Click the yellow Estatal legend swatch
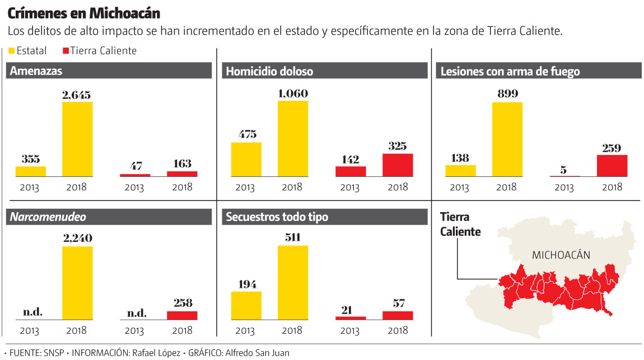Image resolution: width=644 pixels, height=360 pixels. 12,51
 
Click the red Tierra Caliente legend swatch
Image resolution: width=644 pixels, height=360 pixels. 66,51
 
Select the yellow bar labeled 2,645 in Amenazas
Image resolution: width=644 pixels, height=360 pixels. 77,139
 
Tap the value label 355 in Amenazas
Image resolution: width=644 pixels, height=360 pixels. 31,159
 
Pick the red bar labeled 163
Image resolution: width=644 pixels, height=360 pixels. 182,174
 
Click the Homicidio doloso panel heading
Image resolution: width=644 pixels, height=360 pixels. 269,71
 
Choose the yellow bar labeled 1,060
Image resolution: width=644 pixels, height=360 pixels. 293,139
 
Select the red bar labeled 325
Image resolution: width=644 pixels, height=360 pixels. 398,165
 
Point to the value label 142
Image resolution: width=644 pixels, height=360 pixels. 351,159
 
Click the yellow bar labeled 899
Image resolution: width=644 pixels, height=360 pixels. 507,139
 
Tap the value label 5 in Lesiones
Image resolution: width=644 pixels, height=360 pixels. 564,169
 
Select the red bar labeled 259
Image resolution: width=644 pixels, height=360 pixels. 612,166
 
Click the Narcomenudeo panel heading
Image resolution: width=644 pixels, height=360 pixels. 48,217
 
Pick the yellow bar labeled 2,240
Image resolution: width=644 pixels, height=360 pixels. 77,283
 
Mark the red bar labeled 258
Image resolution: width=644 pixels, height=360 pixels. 182,315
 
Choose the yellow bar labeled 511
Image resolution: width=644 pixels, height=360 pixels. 293,283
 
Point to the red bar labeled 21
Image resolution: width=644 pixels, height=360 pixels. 351,318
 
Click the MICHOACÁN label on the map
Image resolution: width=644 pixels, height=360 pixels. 561,255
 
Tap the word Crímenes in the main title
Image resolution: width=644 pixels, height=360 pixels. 34,12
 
